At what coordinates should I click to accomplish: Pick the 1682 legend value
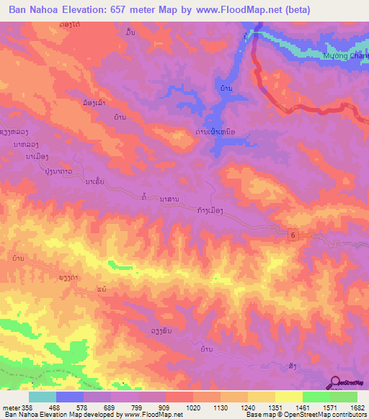tap(356, 407)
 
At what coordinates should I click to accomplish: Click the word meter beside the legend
tap(11, 407)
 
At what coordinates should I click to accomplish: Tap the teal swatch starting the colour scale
tap(42, 397)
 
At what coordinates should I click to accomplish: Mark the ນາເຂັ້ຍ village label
tap(95, 182)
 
